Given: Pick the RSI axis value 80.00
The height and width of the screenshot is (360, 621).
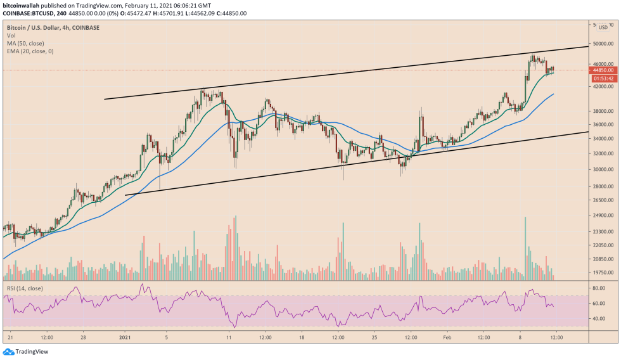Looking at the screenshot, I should [x=599, y=288].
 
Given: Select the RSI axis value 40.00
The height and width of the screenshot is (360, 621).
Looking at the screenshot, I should [x=599, y=318].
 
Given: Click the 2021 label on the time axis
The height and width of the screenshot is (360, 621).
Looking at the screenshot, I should [x=125, y=338].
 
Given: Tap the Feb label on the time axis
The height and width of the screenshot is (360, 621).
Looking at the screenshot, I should [x=447, y=338].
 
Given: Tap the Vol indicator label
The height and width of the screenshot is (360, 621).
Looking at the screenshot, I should [x=11, y=35].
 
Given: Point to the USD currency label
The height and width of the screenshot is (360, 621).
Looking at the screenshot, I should [x=603, y=27].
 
